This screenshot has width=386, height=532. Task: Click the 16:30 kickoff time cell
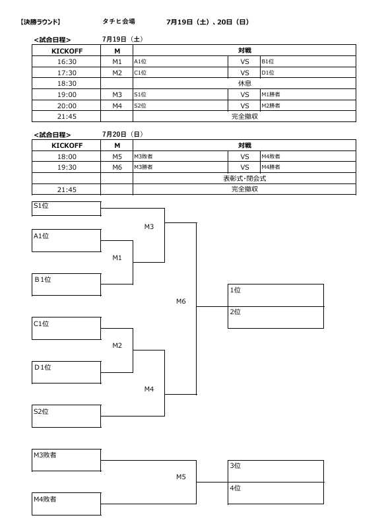[x=67, y=61]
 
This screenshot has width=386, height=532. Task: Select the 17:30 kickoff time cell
[x=67, y=73]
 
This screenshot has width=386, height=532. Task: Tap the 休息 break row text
[x=245, y=83]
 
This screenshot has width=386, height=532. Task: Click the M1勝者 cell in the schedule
[x=308, y=94]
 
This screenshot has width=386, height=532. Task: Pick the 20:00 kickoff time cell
[x=67, y=106]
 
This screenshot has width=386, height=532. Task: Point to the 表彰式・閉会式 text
[x=245, y=178]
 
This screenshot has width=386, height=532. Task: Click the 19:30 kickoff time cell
[x=67, y=167]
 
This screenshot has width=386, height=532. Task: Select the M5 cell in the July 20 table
[x=117, y=156]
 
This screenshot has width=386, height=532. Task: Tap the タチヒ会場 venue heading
[x=119, y=21]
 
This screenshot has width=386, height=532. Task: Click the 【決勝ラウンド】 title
[x=40, y=22]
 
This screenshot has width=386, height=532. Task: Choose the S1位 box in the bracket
[x=67, y=209]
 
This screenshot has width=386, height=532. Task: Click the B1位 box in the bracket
[x=67, y=284]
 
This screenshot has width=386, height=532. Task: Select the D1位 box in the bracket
[x=67, y=372]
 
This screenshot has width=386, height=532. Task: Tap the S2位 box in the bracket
[x=67, y=416]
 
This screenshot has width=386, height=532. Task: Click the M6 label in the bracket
[x=181, y=301]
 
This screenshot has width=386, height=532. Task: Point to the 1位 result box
[x=276, y=295]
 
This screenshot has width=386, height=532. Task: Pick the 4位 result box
[x=276, y=493]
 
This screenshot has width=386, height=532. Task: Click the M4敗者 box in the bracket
[x=67, y=504]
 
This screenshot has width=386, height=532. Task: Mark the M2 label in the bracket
[x=117, y=345]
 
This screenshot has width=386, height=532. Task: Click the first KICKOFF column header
[x=67, y=51]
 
